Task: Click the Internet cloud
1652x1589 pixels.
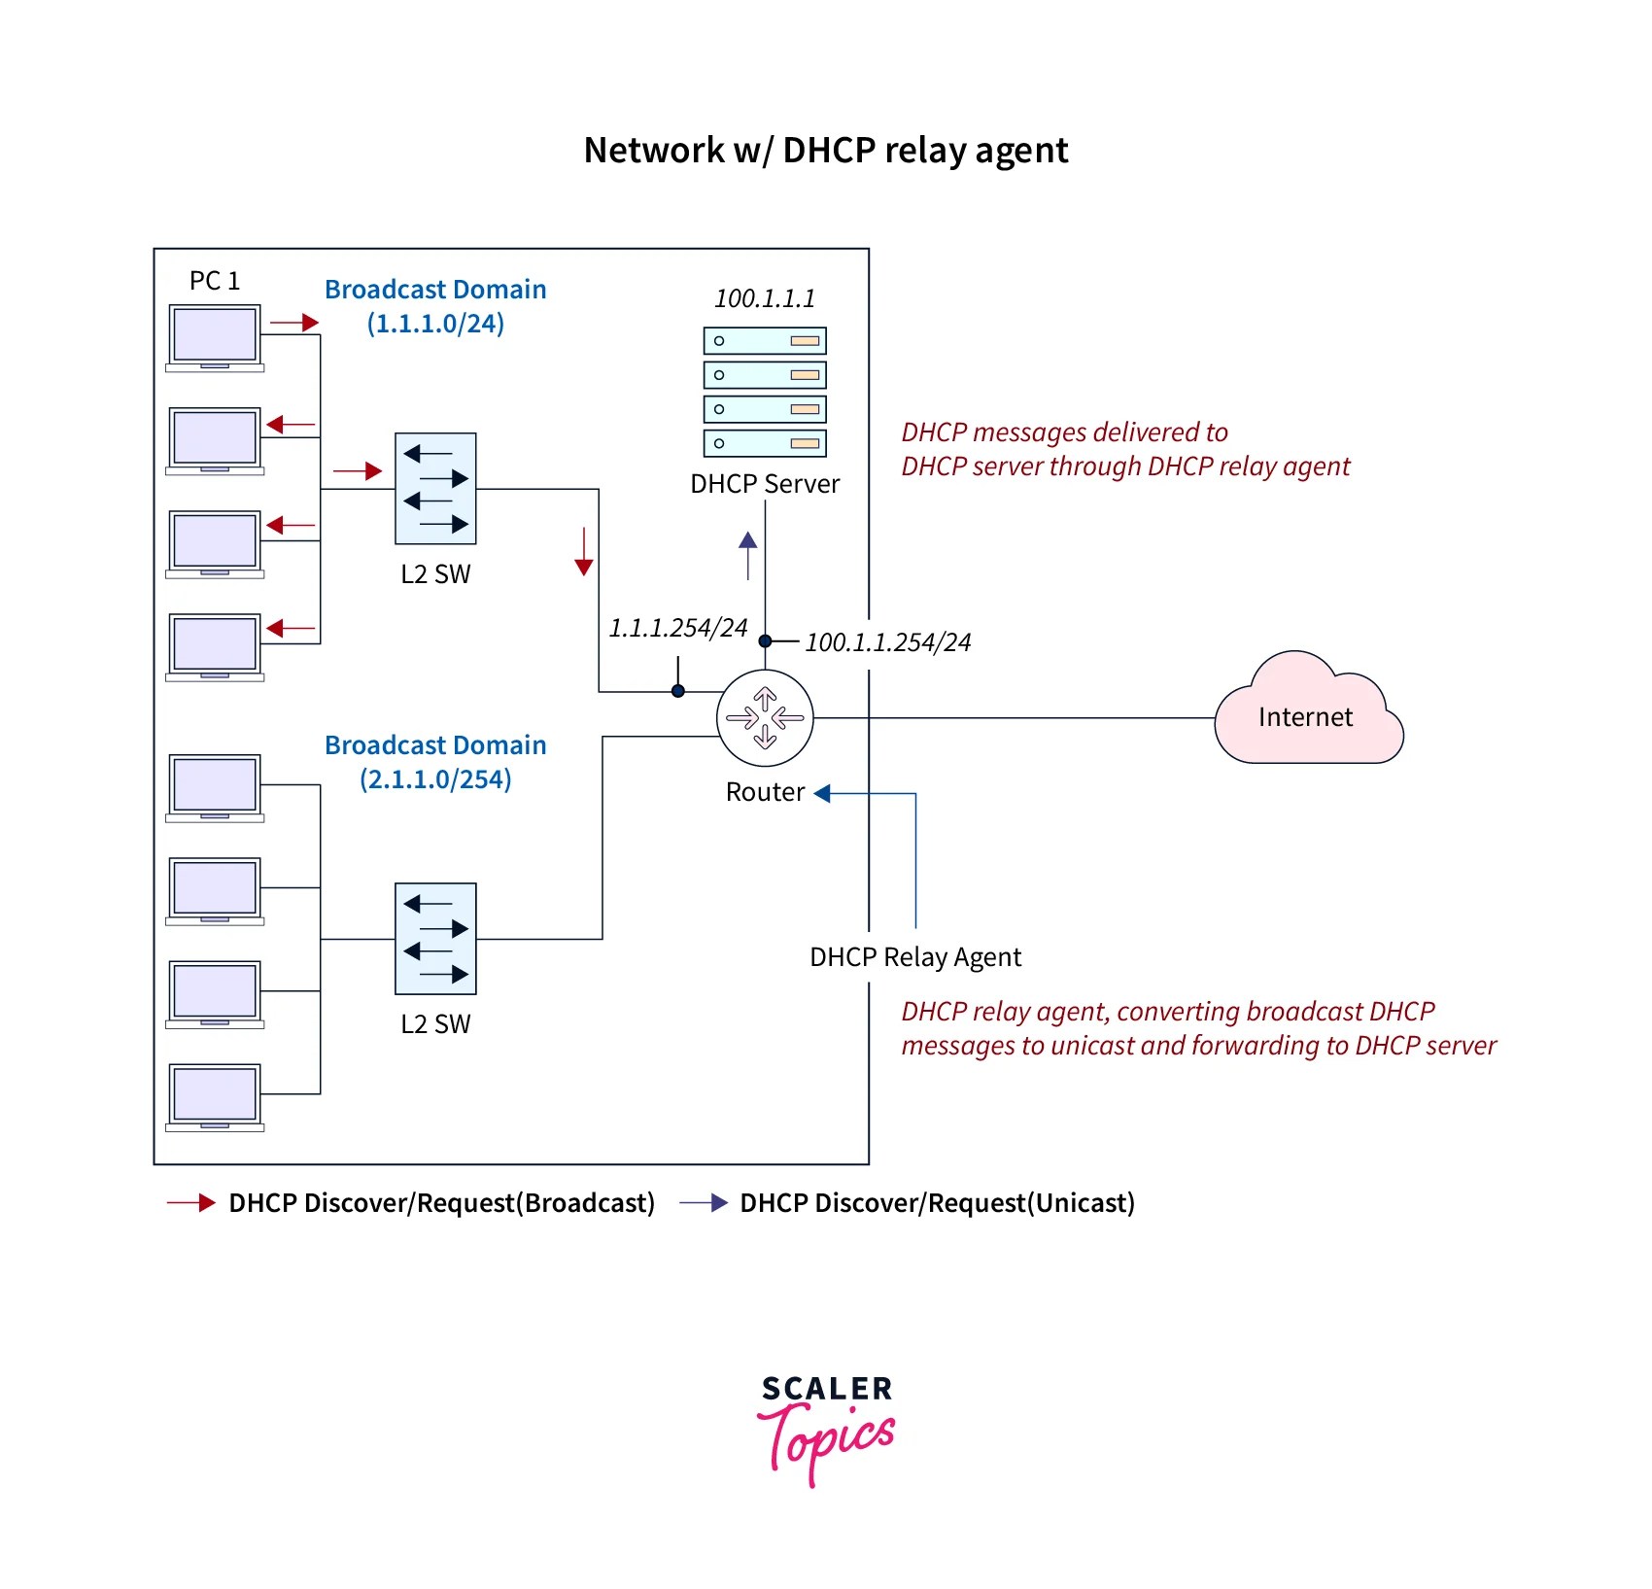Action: pos(1307,715)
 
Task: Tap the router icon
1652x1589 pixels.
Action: pos(765,718)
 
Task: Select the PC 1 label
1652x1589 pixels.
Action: pos(214,281)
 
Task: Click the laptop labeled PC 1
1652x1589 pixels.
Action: pos(215,337)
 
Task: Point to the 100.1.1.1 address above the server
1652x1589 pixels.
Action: pos(765,298)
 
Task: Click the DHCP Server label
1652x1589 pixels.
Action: pos(765,484)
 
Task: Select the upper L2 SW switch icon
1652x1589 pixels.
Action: pos(435,489)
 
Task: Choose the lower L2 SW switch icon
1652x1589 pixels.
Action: pos(435,939)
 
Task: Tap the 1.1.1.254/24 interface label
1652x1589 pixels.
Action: pos(678,628)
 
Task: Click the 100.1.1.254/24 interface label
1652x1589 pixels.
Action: pos(887,642)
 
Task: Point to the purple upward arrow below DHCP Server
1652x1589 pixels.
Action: pos(747,555)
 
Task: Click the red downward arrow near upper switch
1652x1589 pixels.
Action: pos(583,552)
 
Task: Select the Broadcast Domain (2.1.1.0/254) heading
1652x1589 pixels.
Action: pos(435,762)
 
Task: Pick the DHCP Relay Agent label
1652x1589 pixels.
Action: pos(915,957)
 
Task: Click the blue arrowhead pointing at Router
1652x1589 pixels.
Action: pos(822,793)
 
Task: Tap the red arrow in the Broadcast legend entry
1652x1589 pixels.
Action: pos(191,1203)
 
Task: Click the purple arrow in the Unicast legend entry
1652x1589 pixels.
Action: pos(704,1203)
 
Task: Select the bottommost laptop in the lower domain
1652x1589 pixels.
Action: pos(215,1097)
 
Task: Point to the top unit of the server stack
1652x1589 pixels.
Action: pos(765,341)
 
